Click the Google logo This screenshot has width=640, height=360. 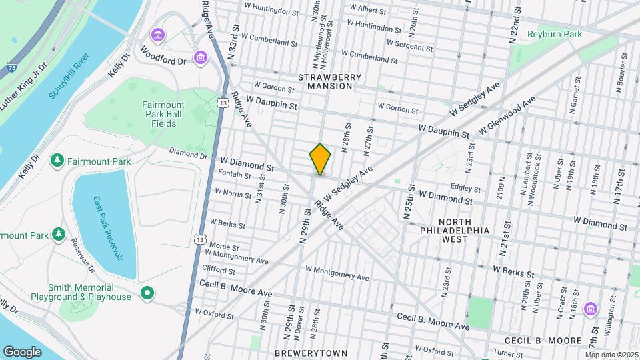click(x=22, y=351)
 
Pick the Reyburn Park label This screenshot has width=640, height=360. click(x=555, y=34)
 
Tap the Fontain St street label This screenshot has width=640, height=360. click(x=234, y=175)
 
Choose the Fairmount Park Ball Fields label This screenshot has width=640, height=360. click(x=168, y=114)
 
